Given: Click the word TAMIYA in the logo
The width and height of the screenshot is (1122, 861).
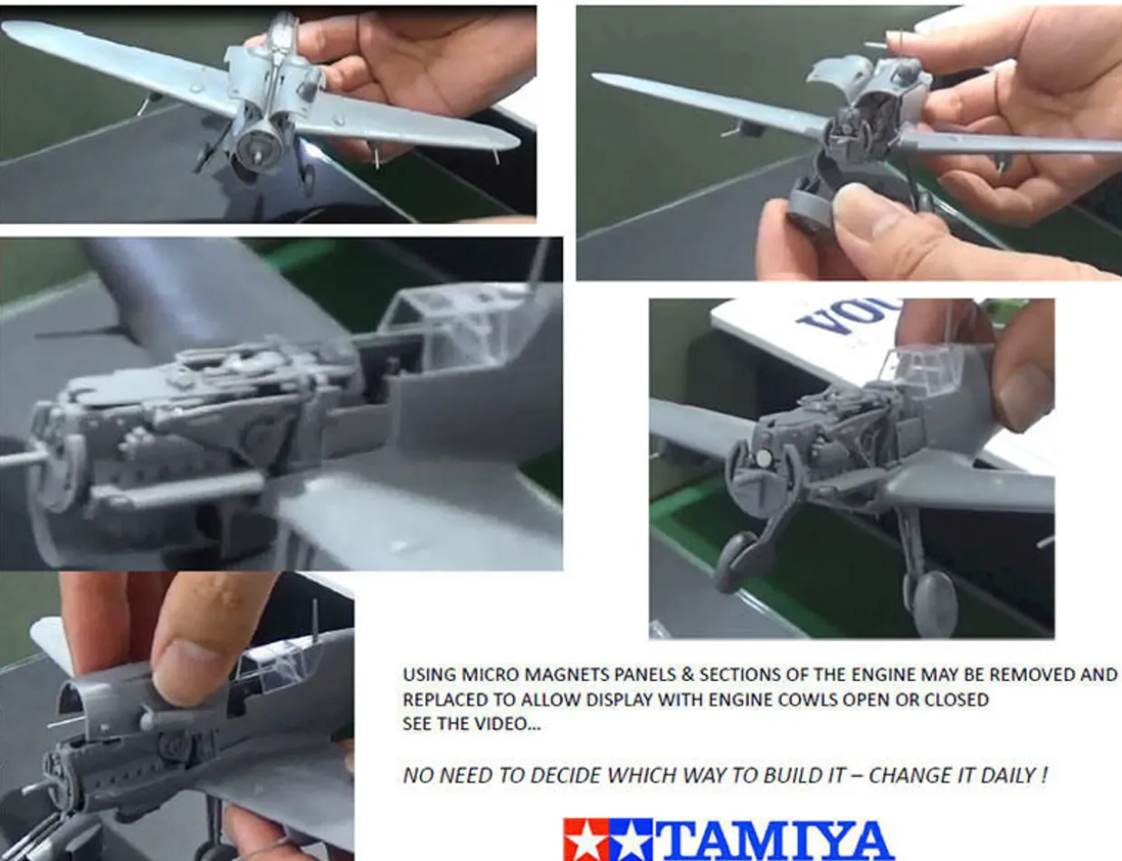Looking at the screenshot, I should tap(776, 840).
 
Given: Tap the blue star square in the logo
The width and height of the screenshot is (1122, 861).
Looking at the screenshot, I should tap(630, 840).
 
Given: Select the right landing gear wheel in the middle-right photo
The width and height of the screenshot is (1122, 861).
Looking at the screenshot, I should tap(935, 602).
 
